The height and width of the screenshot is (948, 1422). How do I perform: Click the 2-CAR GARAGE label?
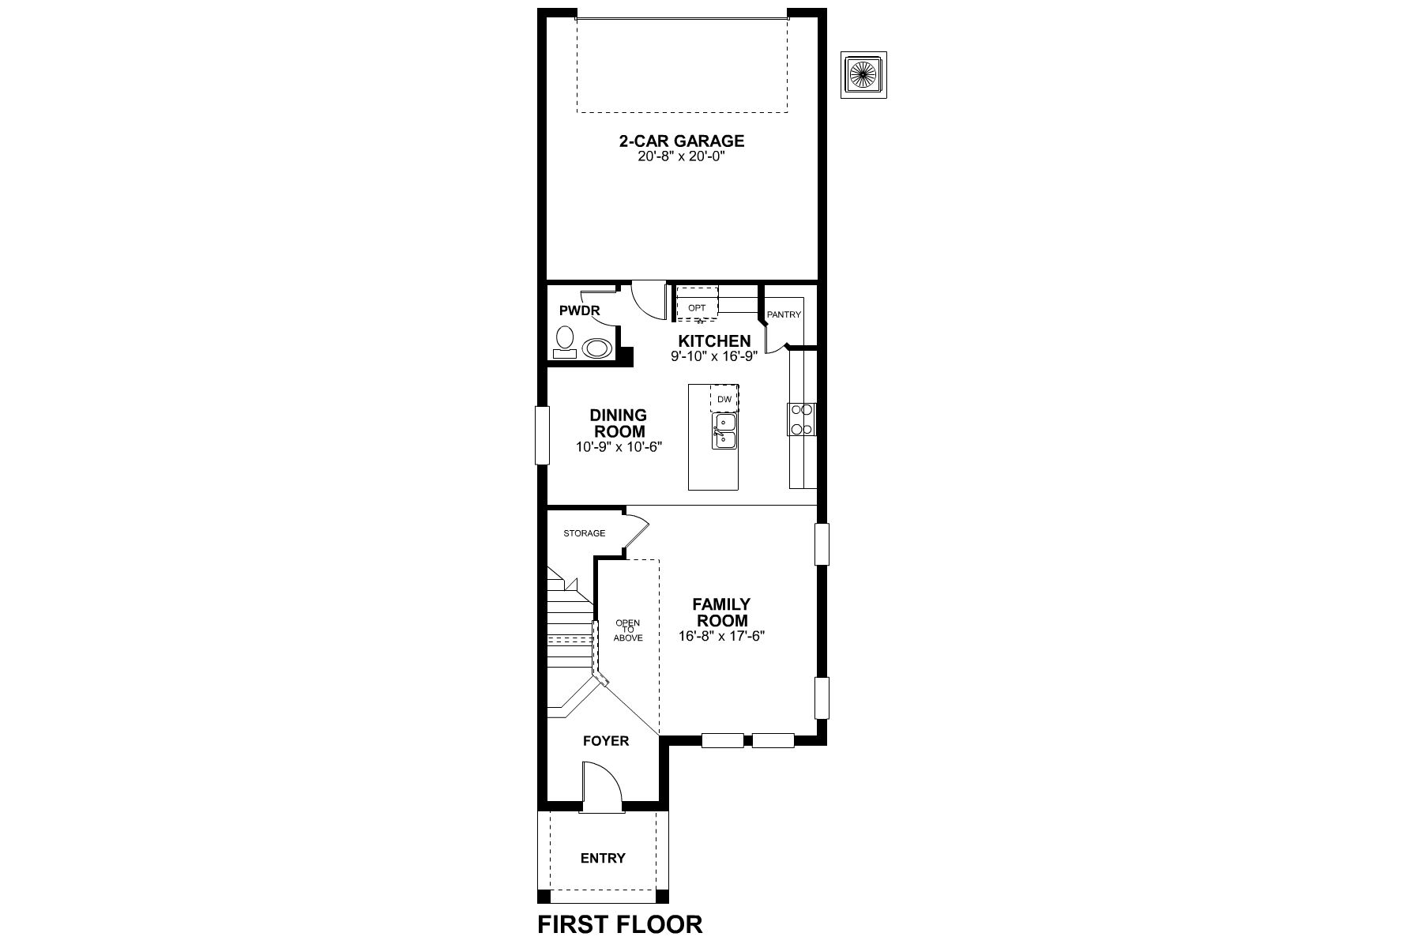(x=681, y=141)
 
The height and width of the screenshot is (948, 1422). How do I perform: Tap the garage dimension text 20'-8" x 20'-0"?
(x=681, y=157)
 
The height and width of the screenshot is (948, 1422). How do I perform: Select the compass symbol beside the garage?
(x=863, y=76)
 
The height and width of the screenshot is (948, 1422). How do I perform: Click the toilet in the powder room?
(x=564, y=342)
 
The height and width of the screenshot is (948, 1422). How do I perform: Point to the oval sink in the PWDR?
(x=596, y=348)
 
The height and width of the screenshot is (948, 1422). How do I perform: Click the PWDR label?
(x=579, y=310)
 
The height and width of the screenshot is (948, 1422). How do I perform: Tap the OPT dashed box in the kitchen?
(x=697, y=307)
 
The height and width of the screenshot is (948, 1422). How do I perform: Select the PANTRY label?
(x=784, y=314)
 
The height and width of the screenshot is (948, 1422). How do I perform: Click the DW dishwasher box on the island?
(x=724, y=399)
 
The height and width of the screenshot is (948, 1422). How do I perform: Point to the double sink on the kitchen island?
(x=724, y=432)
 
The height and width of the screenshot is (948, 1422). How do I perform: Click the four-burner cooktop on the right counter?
(x=801, y=419)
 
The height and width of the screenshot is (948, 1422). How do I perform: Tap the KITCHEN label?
(x=714, y=341)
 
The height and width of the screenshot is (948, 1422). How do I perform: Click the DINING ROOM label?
(x=619, y=423)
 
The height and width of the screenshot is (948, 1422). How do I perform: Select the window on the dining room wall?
(x=542, y=434)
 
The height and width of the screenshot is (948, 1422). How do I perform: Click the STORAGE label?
(x=584, y=533)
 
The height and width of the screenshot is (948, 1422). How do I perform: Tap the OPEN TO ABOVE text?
(x=628, y=630)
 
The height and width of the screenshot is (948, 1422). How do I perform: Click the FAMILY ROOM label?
(x=721, y=612)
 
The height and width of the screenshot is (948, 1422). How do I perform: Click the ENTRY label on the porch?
(x=603, y=858)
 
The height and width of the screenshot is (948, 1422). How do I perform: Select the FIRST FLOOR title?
(x=620, y=924)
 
